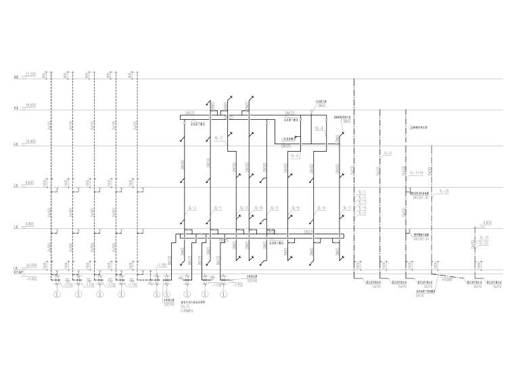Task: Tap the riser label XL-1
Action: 217,208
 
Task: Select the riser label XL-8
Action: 258,208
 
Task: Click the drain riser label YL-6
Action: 388,154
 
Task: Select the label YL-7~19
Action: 416,173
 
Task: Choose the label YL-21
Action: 484,238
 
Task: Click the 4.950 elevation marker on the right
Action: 486,221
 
